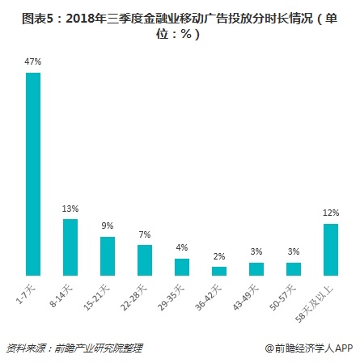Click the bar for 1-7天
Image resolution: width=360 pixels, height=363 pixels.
[x=33, y=174]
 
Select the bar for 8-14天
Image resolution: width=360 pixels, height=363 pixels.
[x=70, y=247]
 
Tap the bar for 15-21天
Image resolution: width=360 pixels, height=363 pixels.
[x=107, y=255]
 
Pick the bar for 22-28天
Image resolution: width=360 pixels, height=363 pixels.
[x=144, y=260]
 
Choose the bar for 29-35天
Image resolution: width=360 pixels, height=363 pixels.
[x=181, y=267]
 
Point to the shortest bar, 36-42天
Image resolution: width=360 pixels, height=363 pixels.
[x=219, y=271]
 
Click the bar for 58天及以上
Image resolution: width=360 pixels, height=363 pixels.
[x=330, y=249]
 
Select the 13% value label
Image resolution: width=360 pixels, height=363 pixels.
[x=70, y=209]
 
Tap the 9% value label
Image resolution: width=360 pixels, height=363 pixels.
[x=107, y=227]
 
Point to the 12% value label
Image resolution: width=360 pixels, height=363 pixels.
[x=330, y=213]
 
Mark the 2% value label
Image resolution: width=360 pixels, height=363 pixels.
[x=219, y=257]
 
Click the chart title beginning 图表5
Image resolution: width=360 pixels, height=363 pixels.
[x=180, y=27]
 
